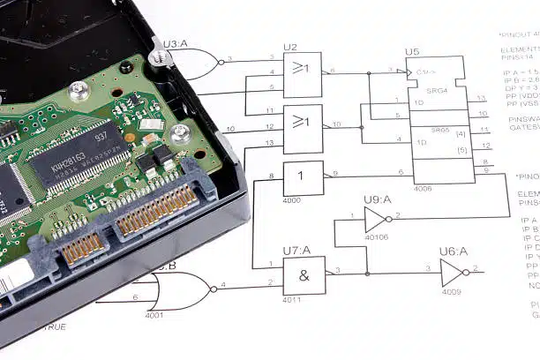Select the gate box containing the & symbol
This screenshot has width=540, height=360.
click(304, 275)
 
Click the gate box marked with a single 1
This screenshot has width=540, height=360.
click(303, 177)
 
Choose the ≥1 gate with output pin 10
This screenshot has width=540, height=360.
click(303, 127)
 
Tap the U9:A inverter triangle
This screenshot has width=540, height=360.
click(376, 220)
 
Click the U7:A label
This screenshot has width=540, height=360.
click(294, 251)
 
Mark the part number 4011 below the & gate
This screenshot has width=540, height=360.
click(293, 300)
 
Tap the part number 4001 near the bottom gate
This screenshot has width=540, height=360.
click(154, 315)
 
